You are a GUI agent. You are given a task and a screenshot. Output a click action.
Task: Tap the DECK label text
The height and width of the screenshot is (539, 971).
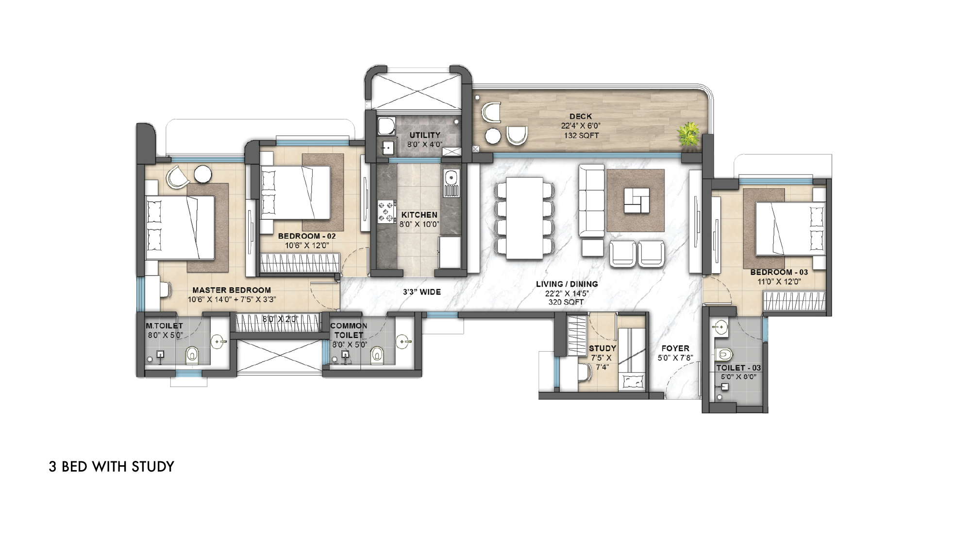tap(581, 116)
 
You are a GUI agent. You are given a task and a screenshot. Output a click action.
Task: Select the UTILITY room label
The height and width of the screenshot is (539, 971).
tap(425, 135)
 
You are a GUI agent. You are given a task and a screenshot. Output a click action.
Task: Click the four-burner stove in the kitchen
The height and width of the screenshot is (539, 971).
tap(387, 212)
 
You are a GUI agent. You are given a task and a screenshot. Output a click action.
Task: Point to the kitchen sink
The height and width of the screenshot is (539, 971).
tap(451, 183)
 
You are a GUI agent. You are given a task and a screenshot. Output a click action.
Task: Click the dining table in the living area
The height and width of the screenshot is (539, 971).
tap(524, 218)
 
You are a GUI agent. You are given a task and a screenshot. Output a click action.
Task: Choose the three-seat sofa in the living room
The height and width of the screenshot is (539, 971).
tap(591, 200)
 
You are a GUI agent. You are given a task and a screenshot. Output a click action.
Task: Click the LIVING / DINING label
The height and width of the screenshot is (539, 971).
tap(567, 284)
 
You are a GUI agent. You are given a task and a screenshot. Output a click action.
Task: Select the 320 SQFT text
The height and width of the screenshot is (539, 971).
tap(566, 302)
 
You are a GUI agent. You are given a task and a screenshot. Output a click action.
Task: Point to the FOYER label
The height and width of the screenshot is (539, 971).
tap(675, 348)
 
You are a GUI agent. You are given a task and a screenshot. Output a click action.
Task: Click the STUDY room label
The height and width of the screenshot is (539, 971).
tap(603, 348)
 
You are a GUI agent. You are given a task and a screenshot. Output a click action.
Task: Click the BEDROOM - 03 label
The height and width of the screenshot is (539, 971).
tap(779, 272)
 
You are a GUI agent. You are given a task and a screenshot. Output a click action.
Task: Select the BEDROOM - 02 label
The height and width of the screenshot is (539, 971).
tap(307, 236)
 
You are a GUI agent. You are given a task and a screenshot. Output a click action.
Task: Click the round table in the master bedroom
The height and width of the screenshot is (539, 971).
tap(202, 175)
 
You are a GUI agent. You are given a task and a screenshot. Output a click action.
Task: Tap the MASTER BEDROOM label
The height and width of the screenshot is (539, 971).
tap(232, 290)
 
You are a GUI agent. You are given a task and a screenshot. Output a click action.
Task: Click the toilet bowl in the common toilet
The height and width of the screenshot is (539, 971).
tap(377, 356)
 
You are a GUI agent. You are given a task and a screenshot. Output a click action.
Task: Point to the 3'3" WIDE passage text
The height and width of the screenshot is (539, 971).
tap(422, 292)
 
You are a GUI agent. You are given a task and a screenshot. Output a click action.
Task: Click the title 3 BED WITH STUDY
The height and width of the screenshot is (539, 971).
tap(112, 467)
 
